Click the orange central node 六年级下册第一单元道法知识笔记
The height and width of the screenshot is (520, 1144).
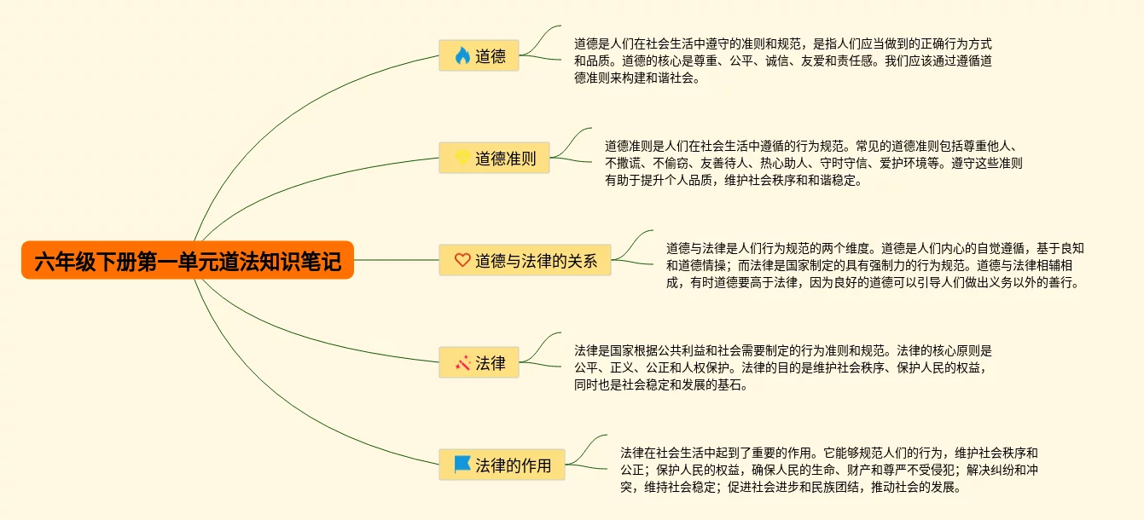[x=188, y=260]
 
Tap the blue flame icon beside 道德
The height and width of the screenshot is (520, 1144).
[x=462, y=56]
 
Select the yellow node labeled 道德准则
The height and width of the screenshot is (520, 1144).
[x=495, y=158]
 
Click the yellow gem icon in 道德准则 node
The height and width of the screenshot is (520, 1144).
[x=462, y=158]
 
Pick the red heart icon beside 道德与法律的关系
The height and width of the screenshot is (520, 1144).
[x=462, y=260]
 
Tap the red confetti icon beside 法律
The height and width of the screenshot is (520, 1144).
[x=462, y=363]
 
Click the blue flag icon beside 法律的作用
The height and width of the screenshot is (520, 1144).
[x=462, y=465]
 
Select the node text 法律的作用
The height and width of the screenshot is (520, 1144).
[x=513, y=465]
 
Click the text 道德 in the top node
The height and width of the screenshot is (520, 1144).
[x=490, y=56]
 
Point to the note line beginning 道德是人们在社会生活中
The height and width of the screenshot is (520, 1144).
[x=782, y=43]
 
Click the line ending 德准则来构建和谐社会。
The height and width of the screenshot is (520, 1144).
[x=637, y=78]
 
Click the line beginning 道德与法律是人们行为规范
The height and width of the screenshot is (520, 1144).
[x=874, y=248]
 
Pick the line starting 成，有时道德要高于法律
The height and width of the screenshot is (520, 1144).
[x=873, y=283]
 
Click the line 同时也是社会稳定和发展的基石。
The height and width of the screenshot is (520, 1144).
[x=662, y=385]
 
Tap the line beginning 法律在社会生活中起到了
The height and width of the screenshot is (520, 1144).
[x=828, y=453]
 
